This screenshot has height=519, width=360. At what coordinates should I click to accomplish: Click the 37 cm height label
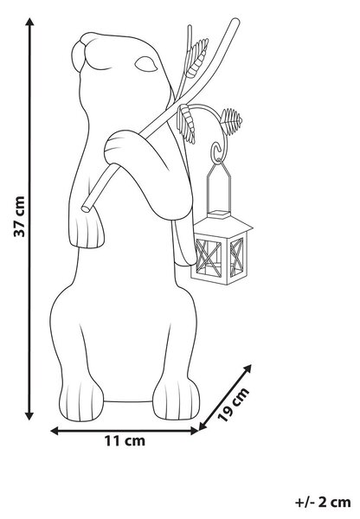point(19,216)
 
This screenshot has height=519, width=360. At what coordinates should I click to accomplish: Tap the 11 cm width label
point(125,441)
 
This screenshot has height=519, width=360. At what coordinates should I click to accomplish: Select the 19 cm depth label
point(234,404)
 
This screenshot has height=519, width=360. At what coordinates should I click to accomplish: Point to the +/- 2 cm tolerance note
point(323,503)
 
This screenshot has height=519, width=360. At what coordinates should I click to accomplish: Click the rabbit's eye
point(145,64)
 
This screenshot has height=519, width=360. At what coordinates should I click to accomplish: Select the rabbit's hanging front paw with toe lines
point(87,228)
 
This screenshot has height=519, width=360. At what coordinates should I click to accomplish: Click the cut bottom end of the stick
point(86,208)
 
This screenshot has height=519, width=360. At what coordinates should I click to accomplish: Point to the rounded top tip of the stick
point(235,22)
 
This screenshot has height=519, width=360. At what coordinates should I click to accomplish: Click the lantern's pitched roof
point(223,224)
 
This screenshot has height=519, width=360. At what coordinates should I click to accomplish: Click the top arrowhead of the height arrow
point(29,23)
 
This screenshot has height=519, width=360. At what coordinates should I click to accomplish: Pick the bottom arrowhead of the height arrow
point(29,414)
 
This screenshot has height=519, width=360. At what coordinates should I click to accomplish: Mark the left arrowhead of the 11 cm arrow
point(55,431)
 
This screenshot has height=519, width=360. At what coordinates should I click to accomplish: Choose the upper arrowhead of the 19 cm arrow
point(246,369)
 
